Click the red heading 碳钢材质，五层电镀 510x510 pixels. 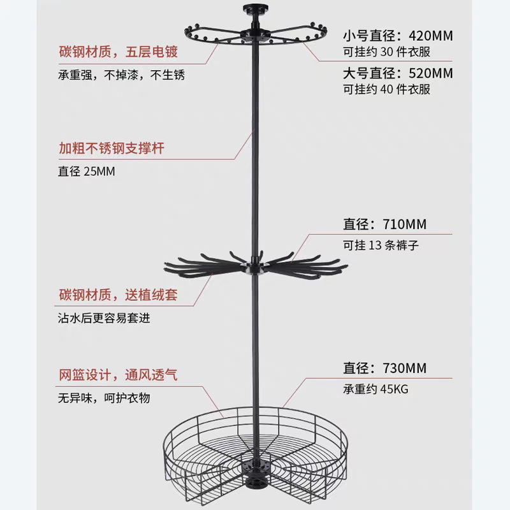[119, 52]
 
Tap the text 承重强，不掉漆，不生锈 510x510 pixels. [119, 75]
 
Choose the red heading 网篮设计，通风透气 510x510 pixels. [119, 375]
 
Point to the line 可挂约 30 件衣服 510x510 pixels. [387, 52]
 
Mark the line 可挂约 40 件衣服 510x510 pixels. [387, 89]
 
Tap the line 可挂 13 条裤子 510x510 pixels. [381, 244]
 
